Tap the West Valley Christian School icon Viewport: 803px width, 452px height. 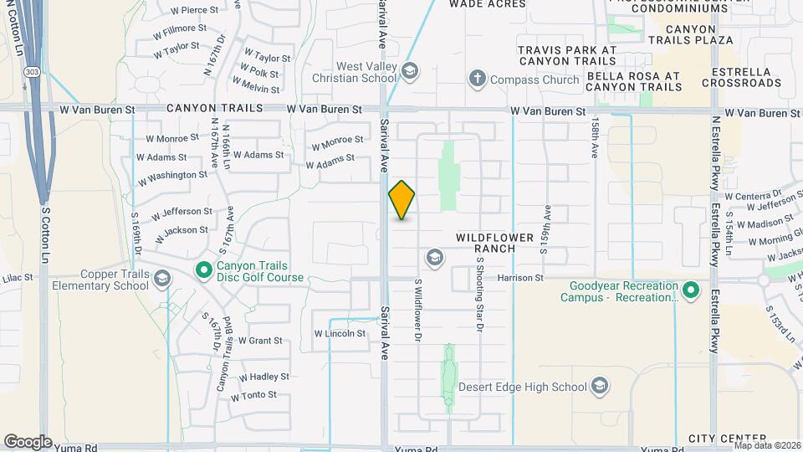tap(409, 72)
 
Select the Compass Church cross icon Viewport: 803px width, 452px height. tap(478, 80)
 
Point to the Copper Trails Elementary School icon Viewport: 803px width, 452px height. tap(162, 279)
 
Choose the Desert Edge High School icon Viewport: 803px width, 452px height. tap(599, 386)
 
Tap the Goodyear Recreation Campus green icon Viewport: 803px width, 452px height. tap(690, 290)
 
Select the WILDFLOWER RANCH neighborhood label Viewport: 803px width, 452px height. tap(494, 243)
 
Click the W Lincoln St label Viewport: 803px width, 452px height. tap(340, 333)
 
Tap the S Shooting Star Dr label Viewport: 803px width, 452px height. tap(481, 295)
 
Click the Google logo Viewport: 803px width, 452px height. tap(28, 441)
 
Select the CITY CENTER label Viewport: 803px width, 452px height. tap(728, 439)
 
